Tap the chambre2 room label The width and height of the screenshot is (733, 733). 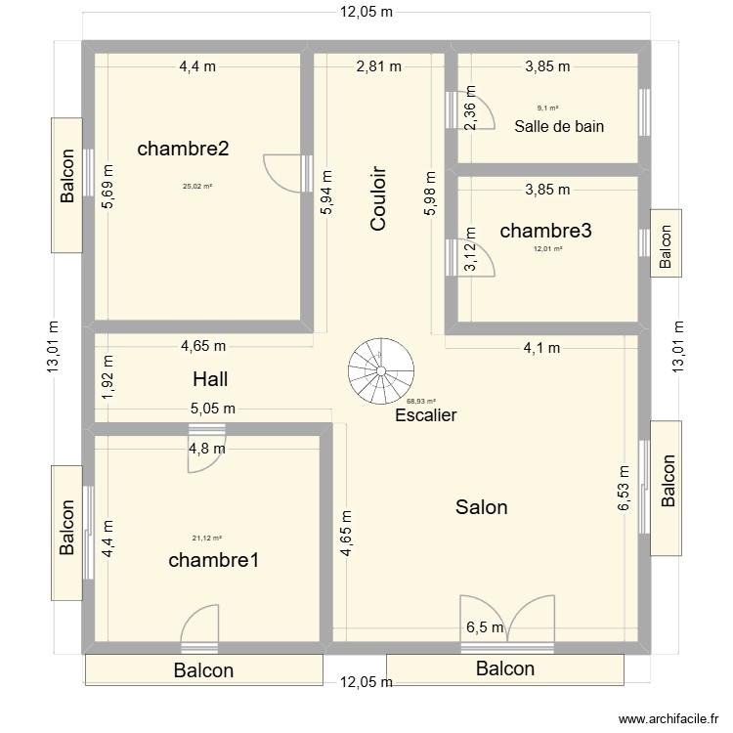[x=184, y=149]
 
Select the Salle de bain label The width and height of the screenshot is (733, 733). [x=559, y=125]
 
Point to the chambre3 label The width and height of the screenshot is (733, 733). [x=545, y=231]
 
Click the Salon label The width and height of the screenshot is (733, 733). [x=481, y=507]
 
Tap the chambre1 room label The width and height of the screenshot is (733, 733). [x=213, y=560]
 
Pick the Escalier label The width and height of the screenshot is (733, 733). [x=426, y=415]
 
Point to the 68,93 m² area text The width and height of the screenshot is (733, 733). [x=422, y=401]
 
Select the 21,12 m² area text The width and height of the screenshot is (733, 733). [x=207, y=538]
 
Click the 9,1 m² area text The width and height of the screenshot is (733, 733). [x=547, y=108]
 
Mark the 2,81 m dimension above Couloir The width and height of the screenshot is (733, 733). [x=378, y=66]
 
